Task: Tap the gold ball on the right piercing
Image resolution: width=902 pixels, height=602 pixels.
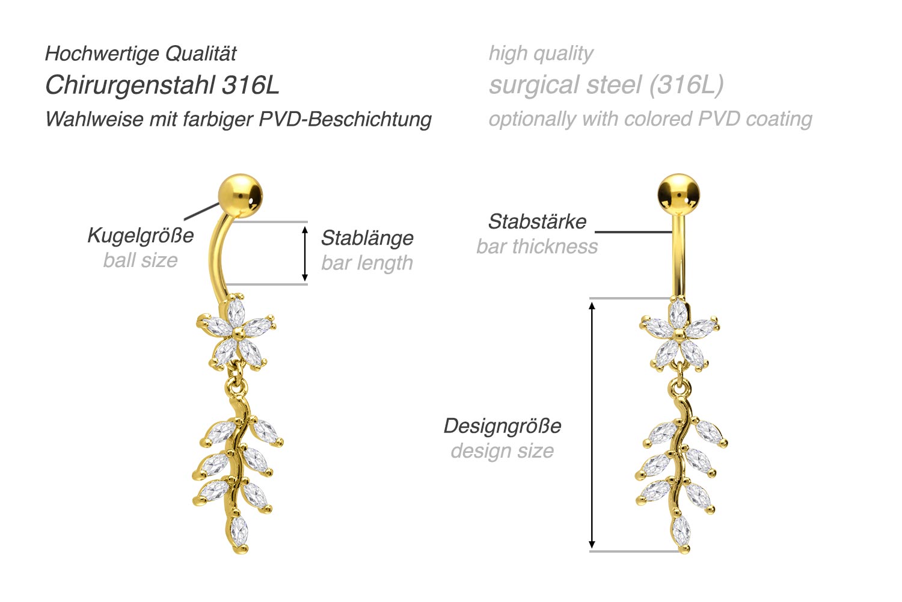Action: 679,194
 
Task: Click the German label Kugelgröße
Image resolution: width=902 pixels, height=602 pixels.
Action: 141,235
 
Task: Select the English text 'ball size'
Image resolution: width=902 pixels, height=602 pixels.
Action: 141,260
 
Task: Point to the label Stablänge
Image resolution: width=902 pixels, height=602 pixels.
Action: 367,238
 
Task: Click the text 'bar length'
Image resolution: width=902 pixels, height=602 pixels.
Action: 367,263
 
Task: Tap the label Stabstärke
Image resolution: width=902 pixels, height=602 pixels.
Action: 537,221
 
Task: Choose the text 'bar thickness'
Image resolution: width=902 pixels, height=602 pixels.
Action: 537,247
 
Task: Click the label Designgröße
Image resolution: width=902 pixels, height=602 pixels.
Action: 502,426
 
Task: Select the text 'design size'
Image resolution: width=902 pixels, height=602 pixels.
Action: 502,450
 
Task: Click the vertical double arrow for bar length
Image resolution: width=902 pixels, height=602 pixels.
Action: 305,253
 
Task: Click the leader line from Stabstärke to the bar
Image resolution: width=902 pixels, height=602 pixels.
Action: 633,232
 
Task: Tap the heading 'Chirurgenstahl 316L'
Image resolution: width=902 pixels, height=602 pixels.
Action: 162,85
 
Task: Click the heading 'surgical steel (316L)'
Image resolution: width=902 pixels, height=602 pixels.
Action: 606,85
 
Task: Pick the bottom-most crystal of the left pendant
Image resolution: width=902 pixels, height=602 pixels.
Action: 239,530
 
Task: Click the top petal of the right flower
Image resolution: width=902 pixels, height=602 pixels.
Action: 678,313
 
